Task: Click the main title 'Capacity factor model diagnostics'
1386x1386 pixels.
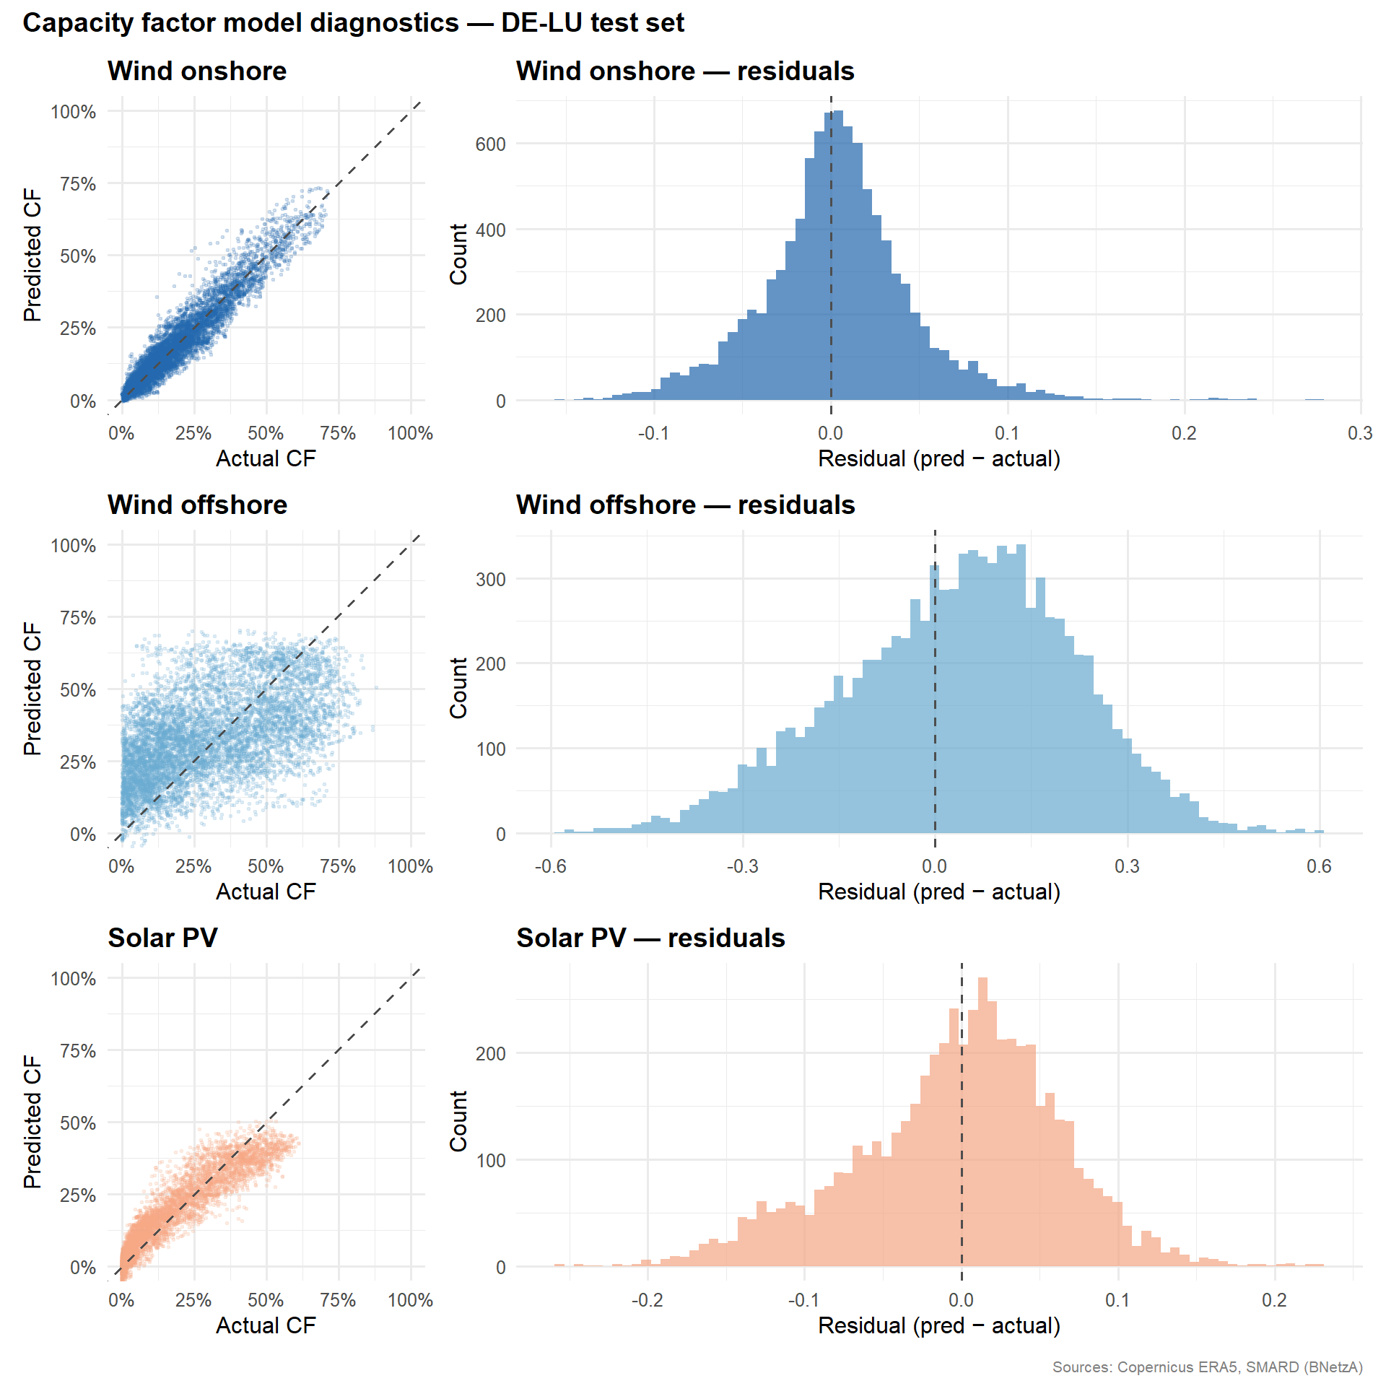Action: pos(353,23)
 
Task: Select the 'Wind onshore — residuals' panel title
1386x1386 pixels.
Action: pos(685,71)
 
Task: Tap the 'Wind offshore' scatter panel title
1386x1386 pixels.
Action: pos(197,505)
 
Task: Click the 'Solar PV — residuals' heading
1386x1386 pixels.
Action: pos(650,938)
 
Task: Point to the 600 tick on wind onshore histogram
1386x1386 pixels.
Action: pos(490,144)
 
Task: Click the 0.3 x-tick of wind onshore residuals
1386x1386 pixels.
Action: pos(1360,434)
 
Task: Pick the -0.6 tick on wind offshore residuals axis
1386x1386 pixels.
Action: pos(550,867)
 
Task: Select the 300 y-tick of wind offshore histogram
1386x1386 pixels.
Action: pos(490,580)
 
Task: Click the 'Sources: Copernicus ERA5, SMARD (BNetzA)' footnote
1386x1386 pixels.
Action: pos(1207,1367)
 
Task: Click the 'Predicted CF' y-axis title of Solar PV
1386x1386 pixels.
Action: pos(32,1123)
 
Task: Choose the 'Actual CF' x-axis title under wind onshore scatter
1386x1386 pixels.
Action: pos(266,459)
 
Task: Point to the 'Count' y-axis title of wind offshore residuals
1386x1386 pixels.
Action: pos(458,688)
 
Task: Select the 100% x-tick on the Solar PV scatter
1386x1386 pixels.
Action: pos(410,1300)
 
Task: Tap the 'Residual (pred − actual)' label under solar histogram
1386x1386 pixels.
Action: pos(938,1326)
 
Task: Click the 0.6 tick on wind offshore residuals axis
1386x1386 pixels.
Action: pos(1319,867)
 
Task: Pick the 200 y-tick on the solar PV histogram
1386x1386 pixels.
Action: pos(490,1054)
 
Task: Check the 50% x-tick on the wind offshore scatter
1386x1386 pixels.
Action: pos(266,867)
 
